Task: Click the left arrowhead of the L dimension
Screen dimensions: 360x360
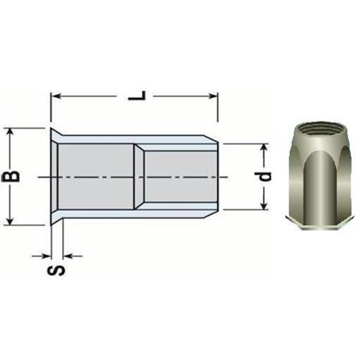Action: tap(57, 96)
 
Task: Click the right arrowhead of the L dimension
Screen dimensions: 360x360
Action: tap(215, 96)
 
